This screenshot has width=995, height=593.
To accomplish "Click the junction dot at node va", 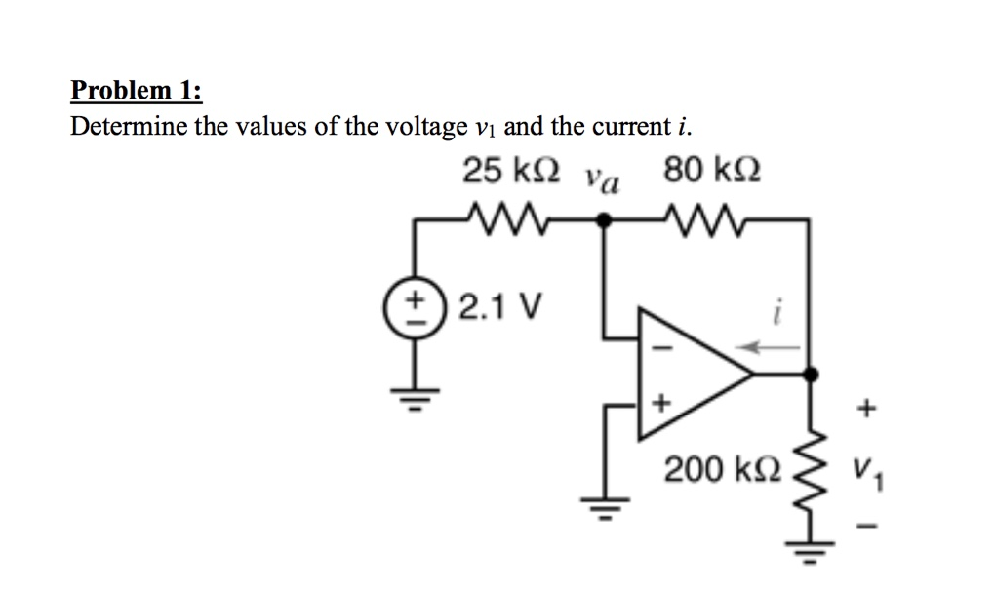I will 604,220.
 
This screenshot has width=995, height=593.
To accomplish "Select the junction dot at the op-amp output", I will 812,374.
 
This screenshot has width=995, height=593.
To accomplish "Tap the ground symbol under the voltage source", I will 415,398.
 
